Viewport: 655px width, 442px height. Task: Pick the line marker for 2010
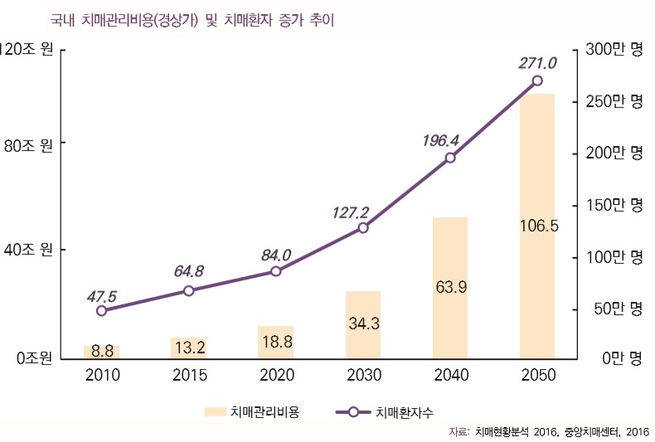coord(102,311)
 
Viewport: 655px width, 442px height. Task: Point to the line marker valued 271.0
coord(537,80)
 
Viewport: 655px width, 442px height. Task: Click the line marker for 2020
coord(276,271)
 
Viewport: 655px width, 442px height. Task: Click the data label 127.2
coord(351,211)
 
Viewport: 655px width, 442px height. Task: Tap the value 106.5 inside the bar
coord(537,225)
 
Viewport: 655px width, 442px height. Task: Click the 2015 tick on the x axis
coord(189,376)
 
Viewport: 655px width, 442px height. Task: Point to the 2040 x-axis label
coord(450,376)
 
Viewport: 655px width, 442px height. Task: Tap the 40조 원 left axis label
coord(29,250)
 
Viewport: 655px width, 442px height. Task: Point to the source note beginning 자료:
coord(548,431)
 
